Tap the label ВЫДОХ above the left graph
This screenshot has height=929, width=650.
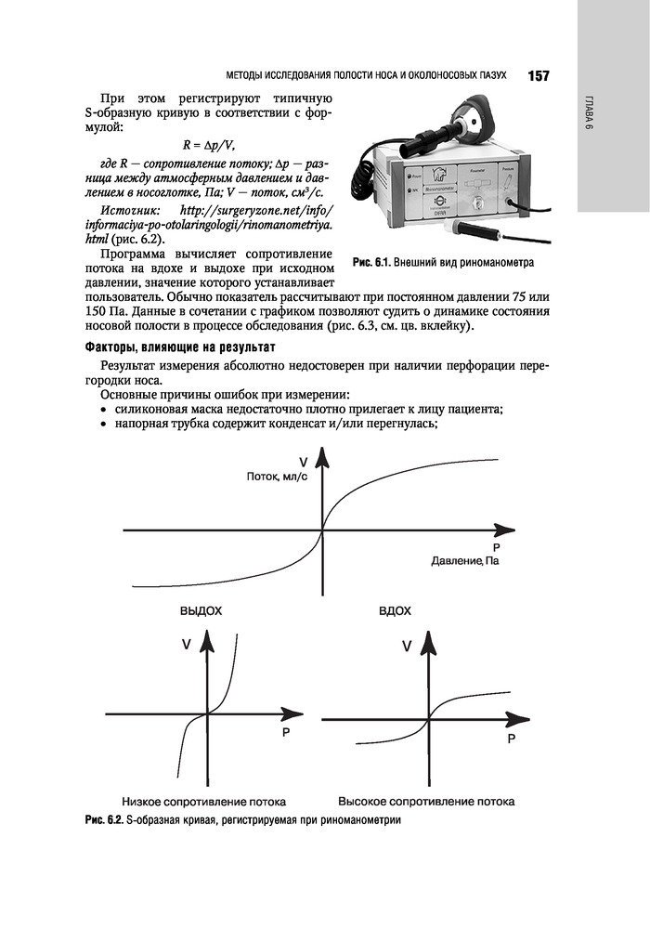tap(201, 611)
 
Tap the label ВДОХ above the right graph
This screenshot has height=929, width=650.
tap(396, 611)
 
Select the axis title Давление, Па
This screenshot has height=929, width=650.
tap(465, 562)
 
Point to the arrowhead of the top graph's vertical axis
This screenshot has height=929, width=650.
tap(323, 458)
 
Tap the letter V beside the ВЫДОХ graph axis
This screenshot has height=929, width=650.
tap(187, 644)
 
